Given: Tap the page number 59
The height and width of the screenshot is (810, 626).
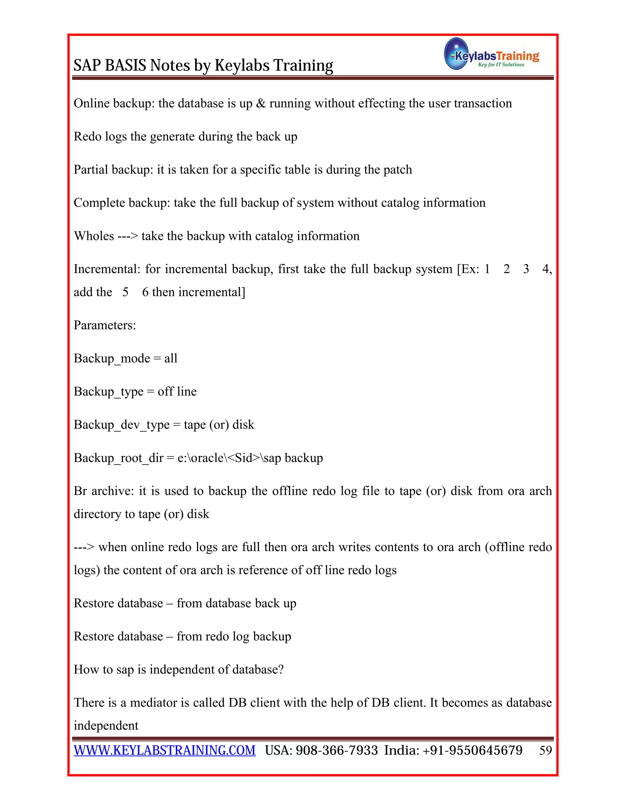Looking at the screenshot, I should (546, 750).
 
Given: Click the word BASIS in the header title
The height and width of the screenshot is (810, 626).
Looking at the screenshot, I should (126, 65).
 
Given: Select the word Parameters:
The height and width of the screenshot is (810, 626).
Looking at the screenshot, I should (105, 325).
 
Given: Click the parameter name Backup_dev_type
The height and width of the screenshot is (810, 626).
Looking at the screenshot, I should (121, 425).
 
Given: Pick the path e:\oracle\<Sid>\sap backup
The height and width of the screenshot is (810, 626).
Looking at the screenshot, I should (250, 458).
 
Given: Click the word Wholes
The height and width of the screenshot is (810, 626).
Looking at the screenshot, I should (94, 236).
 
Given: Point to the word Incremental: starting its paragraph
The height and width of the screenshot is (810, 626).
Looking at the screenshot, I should (107, 269).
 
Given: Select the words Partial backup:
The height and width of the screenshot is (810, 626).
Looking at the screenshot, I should (113, 170).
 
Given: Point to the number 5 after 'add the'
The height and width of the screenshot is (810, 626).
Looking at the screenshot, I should (125, 292).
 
